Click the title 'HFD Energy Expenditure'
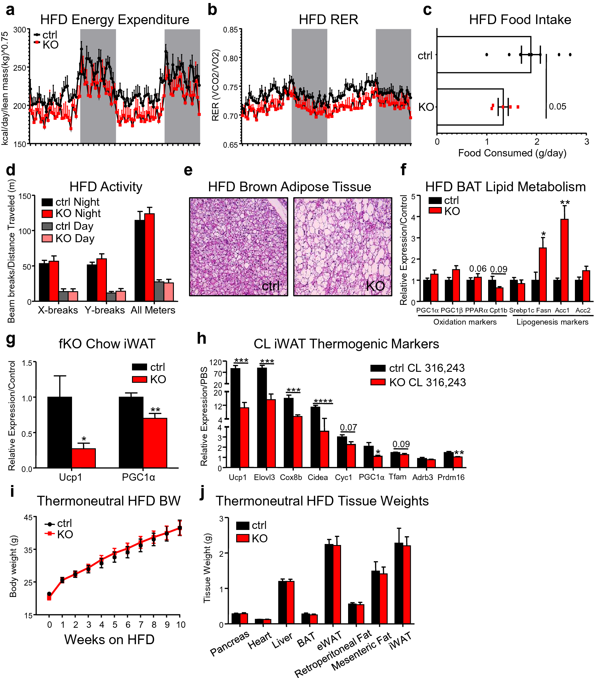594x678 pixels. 115,20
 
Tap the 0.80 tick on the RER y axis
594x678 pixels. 230,58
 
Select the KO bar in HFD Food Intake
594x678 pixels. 470,107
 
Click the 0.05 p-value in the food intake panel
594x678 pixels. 557,107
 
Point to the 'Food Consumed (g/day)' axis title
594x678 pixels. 512,153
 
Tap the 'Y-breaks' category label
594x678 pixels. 105,310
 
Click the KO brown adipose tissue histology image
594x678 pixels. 342,247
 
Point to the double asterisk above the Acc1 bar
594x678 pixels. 565,203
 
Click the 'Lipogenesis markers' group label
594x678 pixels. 552,322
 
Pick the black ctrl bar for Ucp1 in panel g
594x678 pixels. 60,432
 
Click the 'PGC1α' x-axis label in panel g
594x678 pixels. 138,477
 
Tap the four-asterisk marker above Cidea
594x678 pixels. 323,401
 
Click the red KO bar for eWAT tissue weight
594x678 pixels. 337,584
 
